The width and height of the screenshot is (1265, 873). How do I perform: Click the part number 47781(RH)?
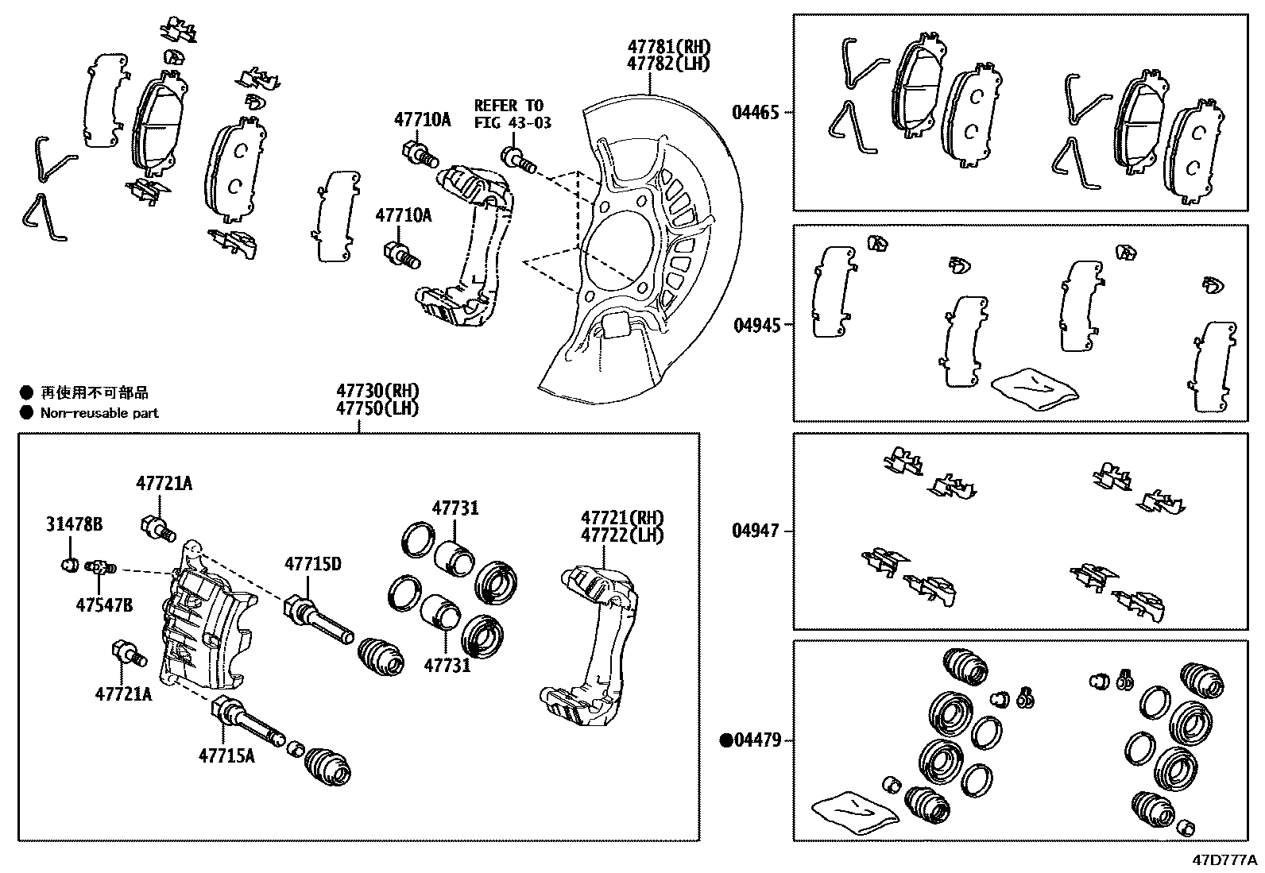[667, 48]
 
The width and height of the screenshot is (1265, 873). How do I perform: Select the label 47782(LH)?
[667, 64]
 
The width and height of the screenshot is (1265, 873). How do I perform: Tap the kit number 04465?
[755, 113]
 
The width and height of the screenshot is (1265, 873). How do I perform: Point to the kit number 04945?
[755, 325]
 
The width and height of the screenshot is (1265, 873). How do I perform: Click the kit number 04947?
[755, 531]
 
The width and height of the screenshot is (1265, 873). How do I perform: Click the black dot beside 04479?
[725, 740]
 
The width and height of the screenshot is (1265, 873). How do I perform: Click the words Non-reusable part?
[99, 412]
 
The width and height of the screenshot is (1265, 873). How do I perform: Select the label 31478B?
[74, 525]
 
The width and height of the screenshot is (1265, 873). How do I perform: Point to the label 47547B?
[104, 605]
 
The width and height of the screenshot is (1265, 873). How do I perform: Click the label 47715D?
[313, 564]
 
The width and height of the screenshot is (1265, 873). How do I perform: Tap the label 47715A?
[226, 755]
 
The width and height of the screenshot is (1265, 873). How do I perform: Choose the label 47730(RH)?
[377, 391]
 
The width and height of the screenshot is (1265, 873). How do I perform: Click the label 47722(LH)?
[621, 535]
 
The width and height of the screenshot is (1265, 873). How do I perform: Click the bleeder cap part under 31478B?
[69, 565]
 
